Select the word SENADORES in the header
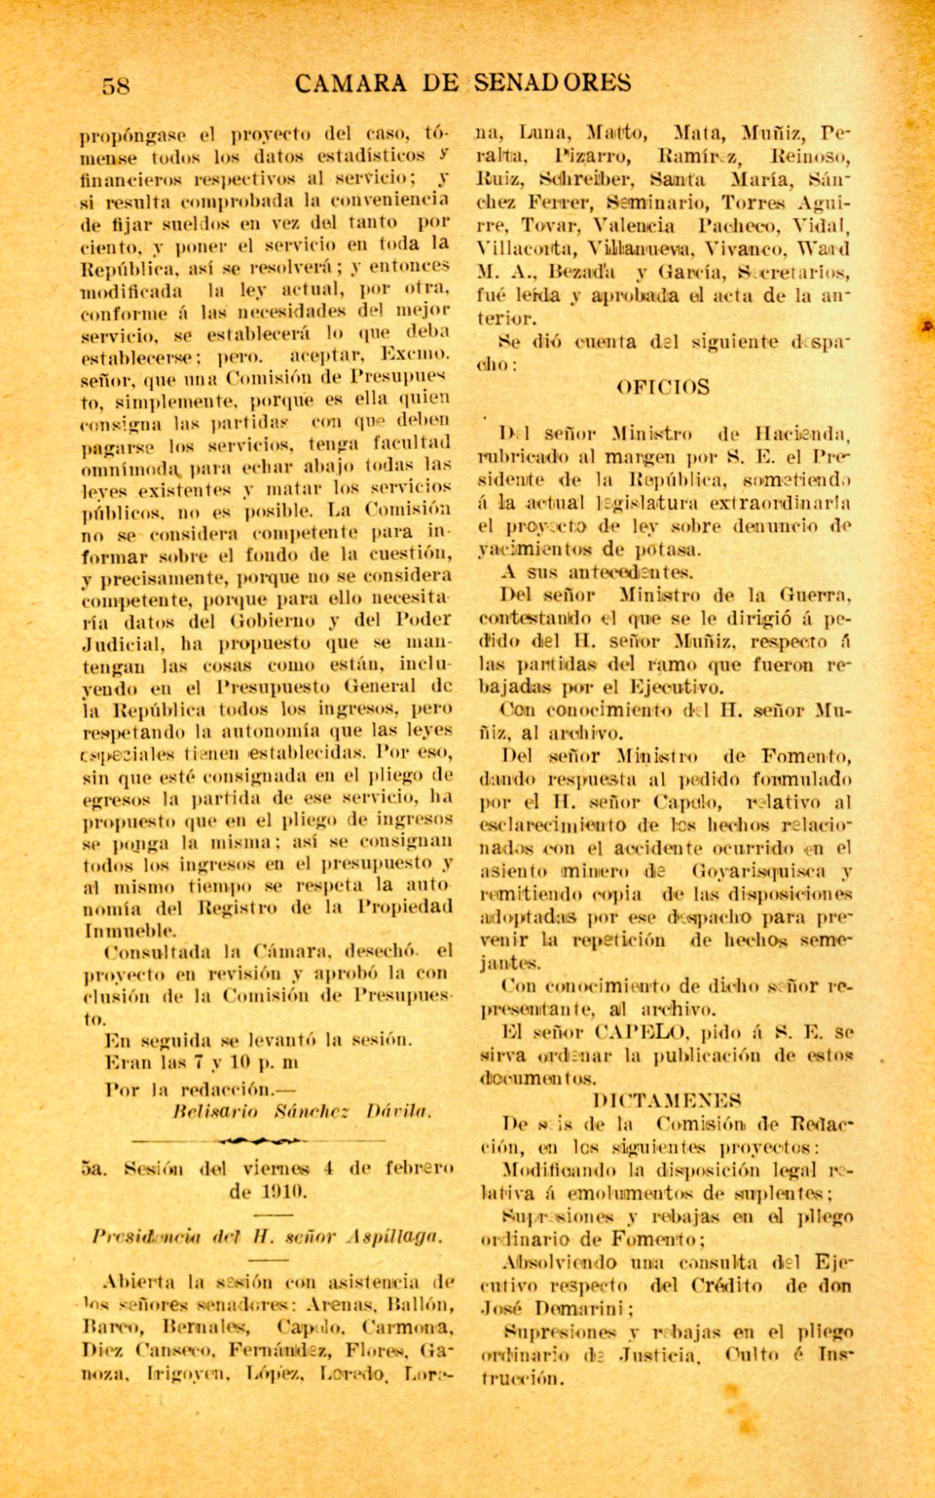554,82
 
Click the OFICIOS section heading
662,387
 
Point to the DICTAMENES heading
666,1100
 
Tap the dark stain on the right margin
927,324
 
